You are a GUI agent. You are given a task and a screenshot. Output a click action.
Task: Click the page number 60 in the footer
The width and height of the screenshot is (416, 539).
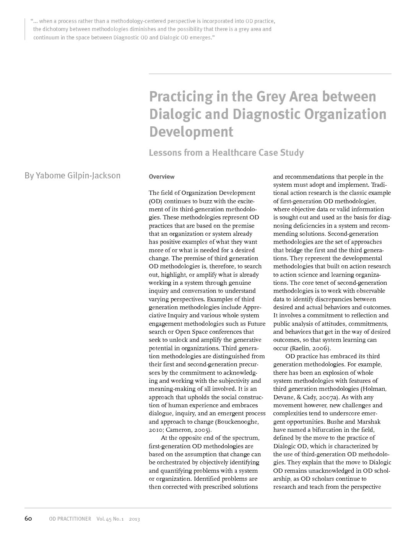[x=28, y=519]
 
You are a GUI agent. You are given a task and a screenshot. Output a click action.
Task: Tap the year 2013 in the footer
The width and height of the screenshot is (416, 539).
[x=134, y=519]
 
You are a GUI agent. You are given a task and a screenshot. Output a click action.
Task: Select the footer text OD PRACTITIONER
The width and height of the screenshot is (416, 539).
[x=70, y=519]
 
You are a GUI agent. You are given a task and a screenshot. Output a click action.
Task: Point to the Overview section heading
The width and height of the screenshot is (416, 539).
[x=161, y=177]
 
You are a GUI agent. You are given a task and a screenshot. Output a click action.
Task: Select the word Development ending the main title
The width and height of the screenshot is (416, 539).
[x=191, y=132]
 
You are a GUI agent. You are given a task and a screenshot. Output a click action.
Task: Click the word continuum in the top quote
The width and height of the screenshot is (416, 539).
[x=46, y=38]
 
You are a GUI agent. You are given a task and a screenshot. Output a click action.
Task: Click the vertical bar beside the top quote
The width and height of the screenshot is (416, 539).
[x=25, y=29]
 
